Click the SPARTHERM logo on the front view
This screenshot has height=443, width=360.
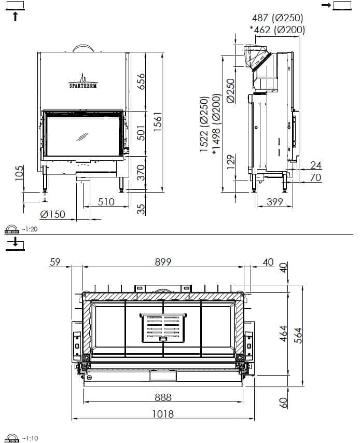(83, 81)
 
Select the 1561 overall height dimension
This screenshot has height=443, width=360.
(158, 121)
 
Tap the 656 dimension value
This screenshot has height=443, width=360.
(141, 81)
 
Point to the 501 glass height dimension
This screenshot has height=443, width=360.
(141, 133)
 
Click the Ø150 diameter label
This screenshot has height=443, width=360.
(53, 214)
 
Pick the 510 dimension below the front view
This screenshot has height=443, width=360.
(106, 202)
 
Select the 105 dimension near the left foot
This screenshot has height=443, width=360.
(19, 173)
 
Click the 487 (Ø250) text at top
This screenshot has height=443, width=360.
(278, 18)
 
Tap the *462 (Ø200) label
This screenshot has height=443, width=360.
(277, 30)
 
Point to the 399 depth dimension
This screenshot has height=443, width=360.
(274, 201)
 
